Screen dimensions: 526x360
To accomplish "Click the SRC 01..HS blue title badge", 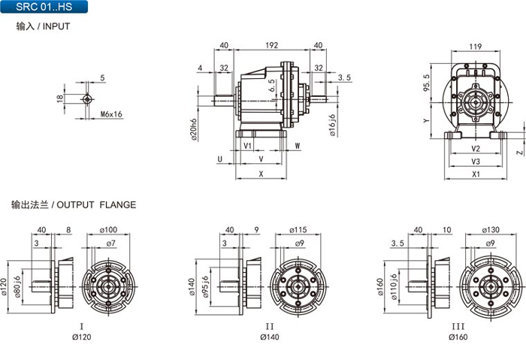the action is click(44, 7).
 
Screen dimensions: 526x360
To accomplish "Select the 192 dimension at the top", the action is click(272, 45).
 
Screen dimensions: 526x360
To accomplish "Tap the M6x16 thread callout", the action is click(111, 114).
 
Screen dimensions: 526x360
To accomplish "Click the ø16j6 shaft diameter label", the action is click(332, 125).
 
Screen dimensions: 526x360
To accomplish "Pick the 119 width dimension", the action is click(476, 46).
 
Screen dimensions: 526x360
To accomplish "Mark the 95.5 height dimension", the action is click(426, 83).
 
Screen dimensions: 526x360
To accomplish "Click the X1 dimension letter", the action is click(476, 174).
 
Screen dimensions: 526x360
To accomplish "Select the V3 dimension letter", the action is click(476, 162).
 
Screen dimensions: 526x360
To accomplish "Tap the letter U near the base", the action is click(220, 159).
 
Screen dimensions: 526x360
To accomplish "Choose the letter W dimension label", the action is click(298, 146).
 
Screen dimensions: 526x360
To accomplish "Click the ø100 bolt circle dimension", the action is click(108, 230).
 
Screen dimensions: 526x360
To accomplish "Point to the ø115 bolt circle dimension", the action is click(298, 230).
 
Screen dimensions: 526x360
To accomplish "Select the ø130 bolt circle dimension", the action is click(491, 230).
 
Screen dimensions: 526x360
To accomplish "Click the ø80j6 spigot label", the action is click(17, 287).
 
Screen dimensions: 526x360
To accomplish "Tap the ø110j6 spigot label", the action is click(394, 287).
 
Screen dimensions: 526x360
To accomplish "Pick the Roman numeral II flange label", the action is click(270, 326).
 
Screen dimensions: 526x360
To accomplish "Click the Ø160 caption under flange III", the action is click(458, 337).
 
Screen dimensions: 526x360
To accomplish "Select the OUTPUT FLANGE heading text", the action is click(96, 204).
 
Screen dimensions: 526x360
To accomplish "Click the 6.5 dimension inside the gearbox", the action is click(272, 85).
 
